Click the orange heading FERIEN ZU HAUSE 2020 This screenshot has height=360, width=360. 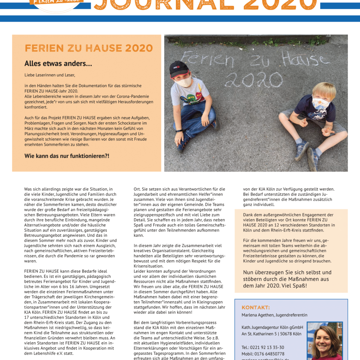(89, 48)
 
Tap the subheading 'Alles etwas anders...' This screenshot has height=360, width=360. (58, 64)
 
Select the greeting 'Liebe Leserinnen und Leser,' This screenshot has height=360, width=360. (50, 75)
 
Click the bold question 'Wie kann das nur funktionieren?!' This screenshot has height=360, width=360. (67, 156)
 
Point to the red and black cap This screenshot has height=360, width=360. (179, 69)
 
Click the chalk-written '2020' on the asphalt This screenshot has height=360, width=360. (253, 80)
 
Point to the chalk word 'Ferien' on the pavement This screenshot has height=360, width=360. (207, 59)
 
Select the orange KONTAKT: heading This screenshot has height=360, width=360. (256, 307)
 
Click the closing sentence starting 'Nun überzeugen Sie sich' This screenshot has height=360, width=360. (287, 279)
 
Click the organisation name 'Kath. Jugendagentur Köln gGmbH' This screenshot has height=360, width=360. (272, 327)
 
